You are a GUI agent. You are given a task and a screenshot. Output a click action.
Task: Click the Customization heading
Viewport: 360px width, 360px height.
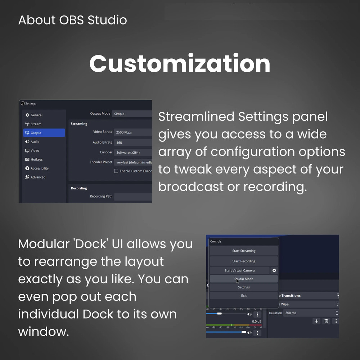point(180,63)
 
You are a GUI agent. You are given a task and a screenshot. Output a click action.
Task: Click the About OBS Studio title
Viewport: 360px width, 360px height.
point(72,20)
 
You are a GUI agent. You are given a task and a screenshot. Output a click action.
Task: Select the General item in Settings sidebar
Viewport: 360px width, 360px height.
point(36,115)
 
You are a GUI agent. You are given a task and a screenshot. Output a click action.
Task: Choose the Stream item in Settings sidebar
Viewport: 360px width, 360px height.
point(36,124)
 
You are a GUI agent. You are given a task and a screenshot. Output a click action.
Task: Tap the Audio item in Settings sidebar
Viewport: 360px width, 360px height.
point(35,142)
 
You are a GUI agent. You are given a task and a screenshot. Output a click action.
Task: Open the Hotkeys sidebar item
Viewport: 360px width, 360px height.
point(36,159)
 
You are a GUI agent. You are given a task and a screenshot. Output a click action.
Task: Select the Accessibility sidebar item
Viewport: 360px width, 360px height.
point(39,168)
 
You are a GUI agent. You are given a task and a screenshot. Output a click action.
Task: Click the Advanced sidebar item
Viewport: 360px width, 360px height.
point(38,177)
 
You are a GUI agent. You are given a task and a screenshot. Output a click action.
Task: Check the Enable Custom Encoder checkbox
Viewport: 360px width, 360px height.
point(116,171)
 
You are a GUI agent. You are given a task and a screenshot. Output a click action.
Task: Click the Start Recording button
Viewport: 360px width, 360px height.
point(244,261)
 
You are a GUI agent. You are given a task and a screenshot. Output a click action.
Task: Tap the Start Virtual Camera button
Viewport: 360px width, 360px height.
point(239,270)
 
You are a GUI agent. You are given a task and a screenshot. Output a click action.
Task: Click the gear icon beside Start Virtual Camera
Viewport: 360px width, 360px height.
point(274,270)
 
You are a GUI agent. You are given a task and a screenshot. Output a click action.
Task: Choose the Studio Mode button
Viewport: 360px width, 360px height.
point(244,279)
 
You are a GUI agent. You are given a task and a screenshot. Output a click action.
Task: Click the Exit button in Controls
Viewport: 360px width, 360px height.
point(244,296)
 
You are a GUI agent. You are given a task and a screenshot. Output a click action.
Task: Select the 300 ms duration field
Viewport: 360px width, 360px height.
point(308,313)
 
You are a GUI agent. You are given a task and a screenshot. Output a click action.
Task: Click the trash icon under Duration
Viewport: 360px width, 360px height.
point(326,321)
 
